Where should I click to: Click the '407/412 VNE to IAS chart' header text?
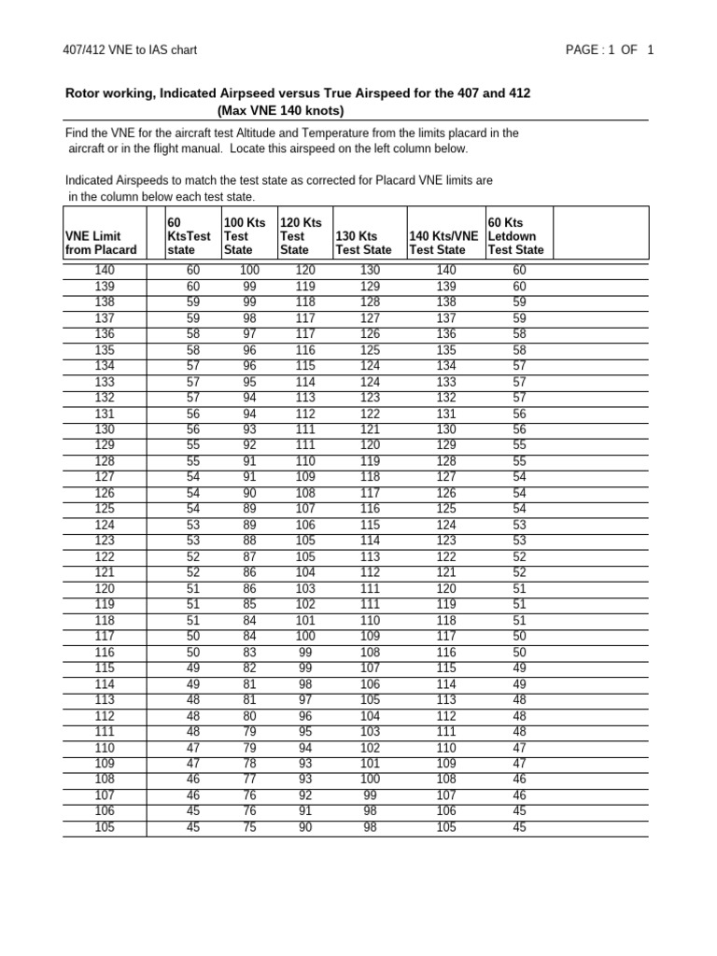point(130,49)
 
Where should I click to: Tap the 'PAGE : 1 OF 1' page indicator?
point(609,49)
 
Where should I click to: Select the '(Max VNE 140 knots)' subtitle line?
point(280,110)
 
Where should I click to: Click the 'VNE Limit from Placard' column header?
point(100,243)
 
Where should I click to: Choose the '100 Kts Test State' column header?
point(245,235)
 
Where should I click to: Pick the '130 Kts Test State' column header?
point(363,243)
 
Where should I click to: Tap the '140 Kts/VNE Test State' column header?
point(443,243)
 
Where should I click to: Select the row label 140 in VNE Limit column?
point(105,270)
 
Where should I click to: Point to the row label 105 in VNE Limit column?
point(105,827)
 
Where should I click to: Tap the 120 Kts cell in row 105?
point(305,827)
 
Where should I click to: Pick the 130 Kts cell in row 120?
point(370,588)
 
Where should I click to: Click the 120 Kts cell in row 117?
point(305,637)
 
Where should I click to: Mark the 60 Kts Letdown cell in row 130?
point(519,429)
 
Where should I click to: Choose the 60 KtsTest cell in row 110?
point(193,748)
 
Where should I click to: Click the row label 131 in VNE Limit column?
point(105,414)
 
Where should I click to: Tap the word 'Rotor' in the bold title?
point(82,93)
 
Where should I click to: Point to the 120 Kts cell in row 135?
point(305,349)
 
